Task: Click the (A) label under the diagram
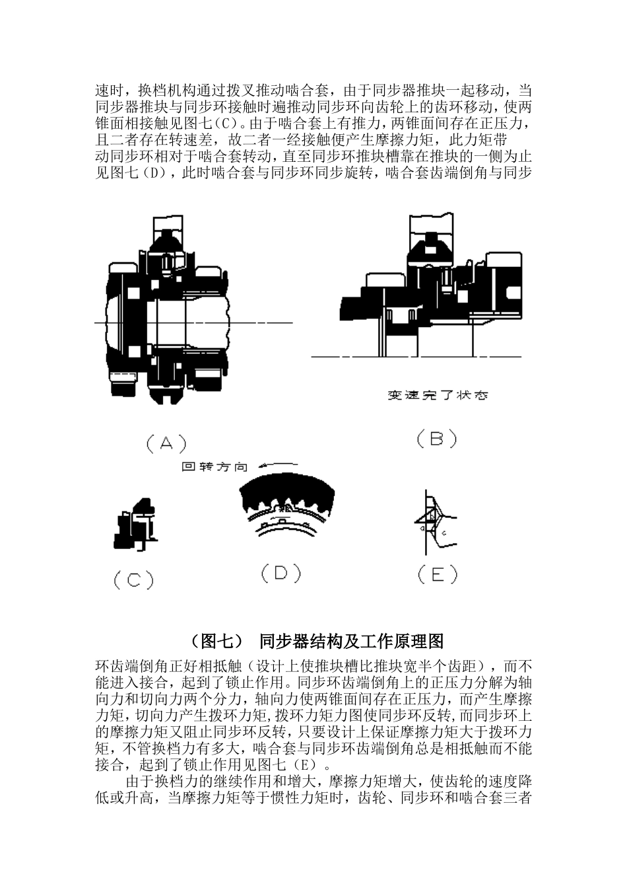pos(166,443)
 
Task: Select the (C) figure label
pos(133,580)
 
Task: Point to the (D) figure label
pos(280,573)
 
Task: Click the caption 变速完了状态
pos(438,396)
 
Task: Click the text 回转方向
pos(214,467)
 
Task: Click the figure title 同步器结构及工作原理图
pos(351,641)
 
